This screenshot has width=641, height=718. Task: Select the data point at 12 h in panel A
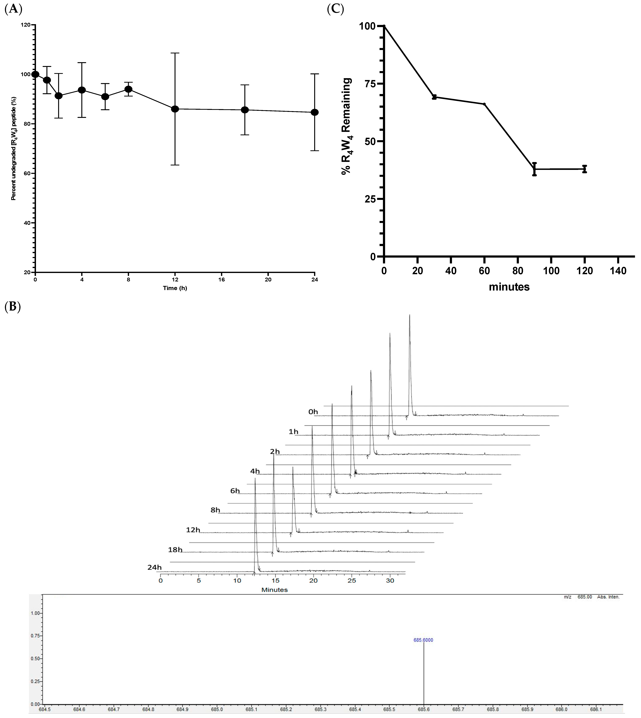point(175,109)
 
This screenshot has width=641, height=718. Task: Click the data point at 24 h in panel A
point(315,112)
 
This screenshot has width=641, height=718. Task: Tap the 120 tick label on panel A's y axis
point(25,25)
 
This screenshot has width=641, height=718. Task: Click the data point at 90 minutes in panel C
point(534,169)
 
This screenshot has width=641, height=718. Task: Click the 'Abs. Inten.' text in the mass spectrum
point(608,597)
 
